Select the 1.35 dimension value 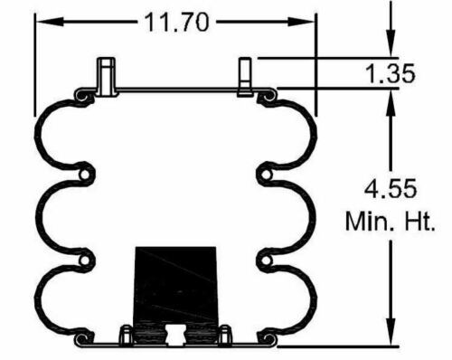pos(391,73)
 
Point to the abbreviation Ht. pos(417,221)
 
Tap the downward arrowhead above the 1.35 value pos(390,46)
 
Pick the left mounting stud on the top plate pos(107,76)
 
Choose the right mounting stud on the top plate pos(245,76)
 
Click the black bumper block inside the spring pos(175,284)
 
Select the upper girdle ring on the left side pos(86,173)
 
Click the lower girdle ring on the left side pos(86,261)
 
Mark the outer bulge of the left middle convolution pos(40,217)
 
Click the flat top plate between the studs pos(176,90)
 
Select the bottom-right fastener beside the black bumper pos(224,334)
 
